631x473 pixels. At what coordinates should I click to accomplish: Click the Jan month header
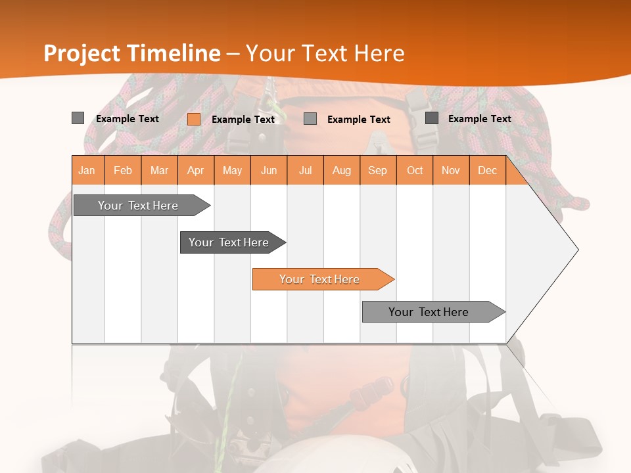[87, 170]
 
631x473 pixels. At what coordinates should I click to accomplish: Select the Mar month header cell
[159, 170]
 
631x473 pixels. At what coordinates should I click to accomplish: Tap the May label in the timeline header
[232, 170]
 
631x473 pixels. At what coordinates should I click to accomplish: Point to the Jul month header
[305, 170]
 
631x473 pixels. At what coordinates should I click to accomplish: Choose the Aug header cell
[341, 170]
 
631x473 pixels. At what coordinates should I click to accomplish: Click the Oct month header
[414, 170]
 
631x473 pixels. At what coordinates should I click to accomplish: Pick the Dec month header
[487, 170]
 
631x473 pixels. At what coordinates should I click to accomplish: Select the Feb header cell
[123, 170]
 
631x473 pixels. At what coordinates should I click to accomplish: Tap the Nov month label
[450, 170]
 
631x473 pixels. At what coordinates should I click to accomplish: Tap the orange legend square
[194, 119]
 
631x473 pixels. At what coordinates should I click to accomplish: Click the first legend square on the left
[78, 118]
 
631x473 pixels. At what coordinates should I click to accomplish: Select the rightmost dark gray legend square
[432, 118]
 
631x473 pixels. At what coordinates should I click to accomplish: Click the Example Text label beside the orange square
[243, 120]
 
